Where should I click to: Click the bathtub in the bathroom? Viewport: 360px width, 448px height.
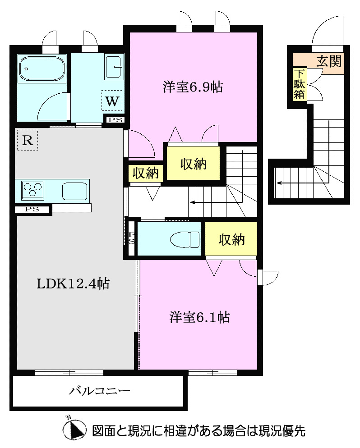coord(42,69)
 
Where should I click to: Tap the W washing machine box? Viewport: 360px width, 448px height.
coord(112,101)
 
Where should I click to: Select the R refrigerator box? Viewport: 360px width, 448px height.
coord(27,140)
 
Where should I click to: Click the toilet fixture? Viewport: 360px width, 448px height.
coord(185,239)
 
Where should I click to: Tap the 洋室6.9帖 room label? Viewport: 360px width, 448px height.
coord(193,87)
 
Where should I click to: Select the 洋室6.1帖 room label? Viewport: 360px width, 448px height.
coord(199,317)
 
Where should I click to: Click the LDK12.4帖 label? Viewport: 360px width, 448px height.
coord(74,283)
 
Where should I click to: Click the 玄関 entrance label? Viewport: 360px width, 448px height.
coord(328,61)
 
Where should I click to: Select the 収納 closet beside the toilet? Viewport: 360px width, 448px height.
coord(231,240)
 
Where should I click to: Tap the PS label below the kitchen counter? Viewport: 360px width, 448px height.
coord(32,209)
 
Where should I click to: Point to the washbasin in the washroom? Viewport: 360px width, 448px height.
coord(113,66)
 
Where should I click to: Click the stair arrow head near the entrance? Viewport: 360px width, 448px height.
coord(279,183)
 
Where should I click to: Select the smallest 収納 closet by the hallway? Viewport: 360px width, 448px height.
coord(146,173)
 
